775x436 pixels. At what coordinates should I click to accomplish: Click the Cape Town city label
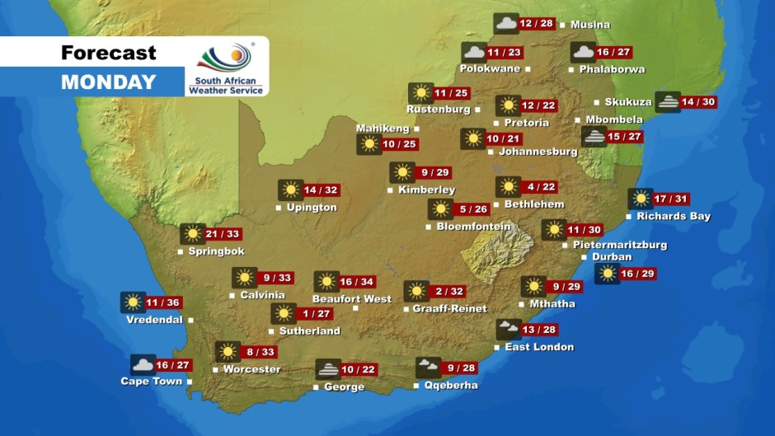tap(151, 382)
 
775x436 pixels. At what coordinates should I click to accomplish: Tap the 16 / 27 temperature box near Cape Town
tap(173, 365)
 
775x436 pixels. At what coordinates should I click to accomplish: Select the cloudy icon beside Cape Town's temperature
tap(143, 365)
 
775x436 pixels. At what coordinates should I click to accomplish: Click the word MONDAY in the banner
tap(108, 82)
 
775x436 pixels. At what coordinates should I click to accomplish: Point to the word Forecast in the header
tap(108, 54)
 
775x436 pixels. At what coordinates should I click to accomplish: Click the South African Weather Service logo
tap(226, 68)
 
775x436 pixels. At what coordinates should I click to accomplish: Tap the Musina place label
tap(589, 25)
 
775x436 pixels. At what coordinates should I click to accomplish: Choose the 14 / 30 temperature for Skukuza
tap(697, 102)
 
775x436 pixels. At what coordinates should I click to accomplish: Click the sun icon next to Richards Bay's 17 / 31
tap(640, 199)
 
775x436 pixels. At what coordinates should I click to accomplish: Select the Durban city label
tap(612, 257)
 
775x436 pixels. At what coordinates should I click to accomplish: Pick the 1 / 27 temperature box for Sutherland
tap(315, 313)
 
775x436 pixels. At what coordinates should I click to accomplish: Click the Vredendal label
tap(154, 320)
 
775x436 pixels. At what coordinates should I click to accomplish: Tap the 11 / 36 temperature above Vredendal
tap(163, 302)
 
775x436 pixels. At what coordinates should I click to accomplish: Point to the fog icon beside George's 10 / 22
tap(327, 369)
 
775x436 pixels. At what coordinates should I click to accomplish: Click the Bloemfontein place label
tap(474, 227)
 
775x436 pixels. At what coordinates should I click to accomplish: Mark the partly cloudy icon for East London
tap(508, 330)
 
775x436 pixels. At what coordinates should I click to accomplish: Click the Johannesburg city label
tap(538, 152)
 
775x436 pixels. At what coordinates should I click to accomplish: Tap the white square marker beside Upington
tap(279, 208)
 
